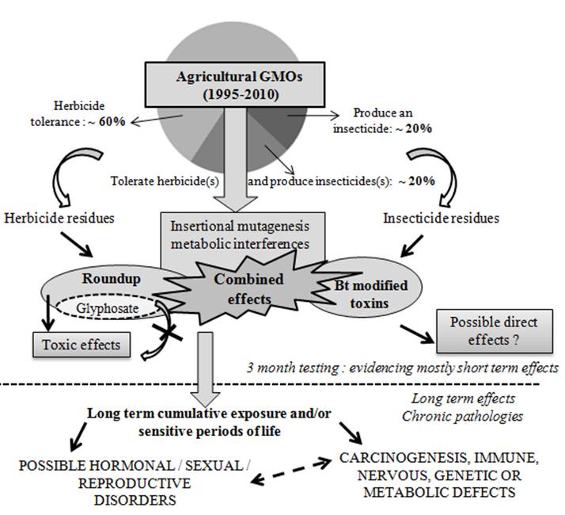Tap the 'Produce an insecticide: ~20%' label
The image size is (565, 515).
point(394,120)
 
